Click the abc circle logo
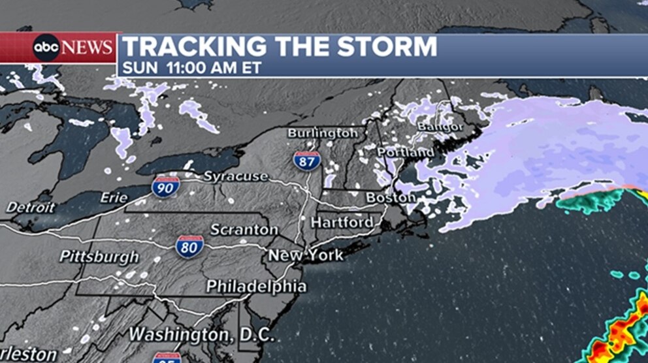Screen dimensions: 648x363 point(47,48)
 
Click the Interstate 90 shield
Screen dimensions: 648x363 point(163,187)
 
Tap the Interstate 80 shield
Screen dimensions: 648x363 point(189,246)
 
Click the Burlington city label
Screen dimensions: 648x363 point(323,133)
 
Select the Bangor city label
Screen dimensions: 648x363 point(440,126)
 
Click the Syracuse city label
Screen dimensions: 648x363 point(236,176)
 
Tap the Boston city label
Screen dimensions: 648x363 point(390,197)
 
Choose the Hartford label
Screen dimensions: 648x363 point(342,223)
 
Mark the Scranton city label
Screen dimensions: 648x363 point(244,230)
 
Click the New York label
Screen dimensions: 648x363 point(306,256)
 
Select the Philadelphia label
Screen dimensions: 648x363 point(256,287)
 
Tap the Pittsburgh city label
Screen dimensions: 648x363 point(99,257)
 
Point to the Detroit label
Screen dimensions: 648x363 point(31,208)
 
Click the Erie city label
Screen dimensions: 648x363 point(114,197)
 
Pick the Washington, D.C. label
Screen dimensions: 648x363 point(202,334)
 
